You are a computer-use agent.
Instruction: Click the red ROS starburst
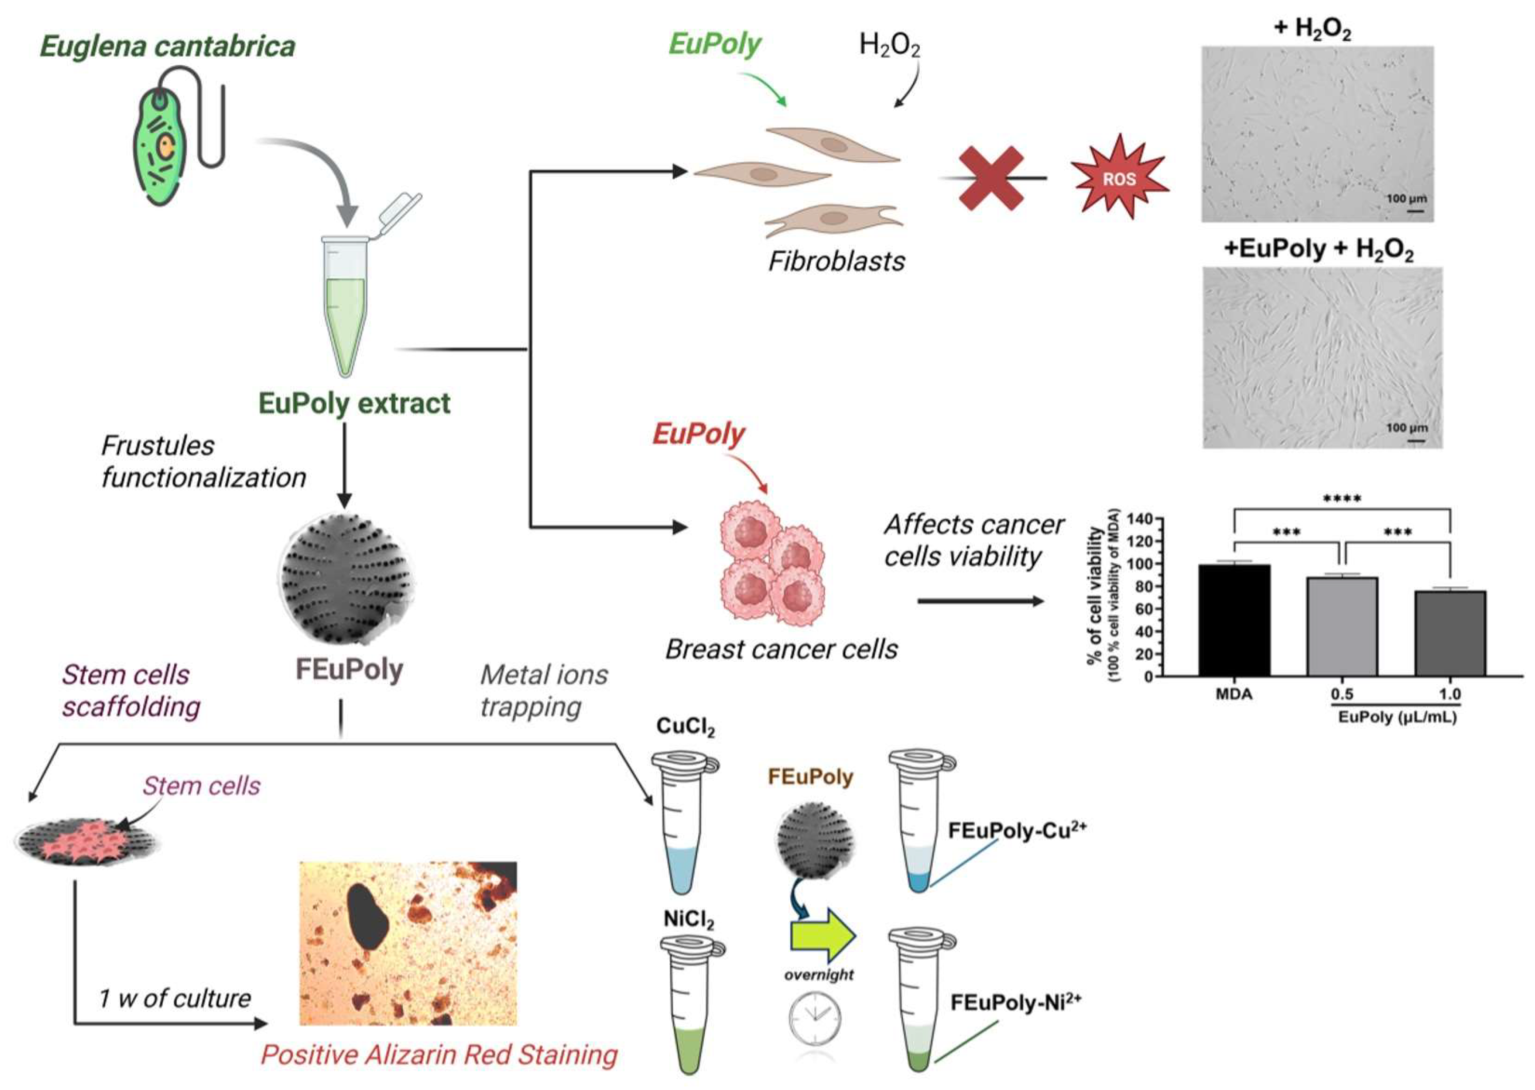(x=1119, y=178)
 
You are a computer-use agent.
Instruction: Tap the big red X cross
(x=991, y=178)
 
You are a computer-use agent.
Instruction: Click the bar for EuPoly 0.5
(x=1342, y=626)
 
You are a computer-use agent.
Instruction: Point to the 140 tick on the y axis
(x=1140, y=519)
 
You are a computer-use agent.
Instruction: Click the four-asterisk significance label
(x=1342, y=499)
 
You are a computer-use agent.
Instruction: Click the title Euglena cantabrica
(x=168, y=46)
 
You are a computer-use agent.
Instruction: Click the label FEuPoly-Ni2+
(x=1015, y=1003)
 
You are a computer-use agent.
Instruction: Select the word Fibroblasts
(x=836, y=261)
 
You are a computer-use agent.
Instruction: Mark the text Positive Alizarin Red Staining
(x=439, y=1055)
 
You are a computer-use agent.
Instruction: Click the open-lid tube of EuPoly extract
(x=345, y=302)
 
